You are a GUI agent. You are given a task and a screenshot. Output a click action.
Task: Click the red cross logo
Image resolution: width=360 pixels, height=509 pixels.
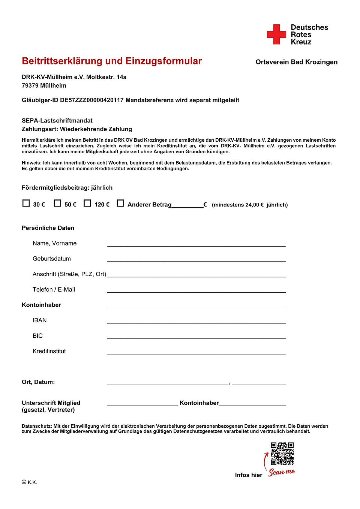[x=276, y=34]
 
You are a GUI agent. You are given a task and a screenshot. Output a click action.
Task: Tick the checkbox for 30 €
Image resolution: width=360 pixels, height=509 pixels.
[x=26, y=203]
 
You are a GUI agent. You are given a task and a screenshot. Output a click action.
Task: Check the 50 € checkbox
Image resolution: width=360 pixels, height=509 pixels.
[x=57, y=203]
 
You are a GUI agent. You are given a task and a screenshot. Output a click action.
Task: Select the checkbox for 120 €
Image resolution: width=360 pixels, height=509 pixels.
[x=87, y=203]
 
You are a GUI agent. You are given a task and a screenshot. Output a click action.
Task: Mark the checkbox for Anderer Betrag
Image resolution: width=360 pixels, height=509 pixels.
[x=120, y=203]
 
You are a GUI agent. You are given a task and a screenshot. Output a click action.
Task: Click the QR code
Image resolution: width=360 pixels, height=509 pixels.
[x=282, y=454]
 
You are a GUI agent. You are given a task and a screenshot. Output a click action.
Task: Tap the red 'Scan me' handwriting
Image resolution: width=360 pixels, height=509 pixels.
[x=282, y=472]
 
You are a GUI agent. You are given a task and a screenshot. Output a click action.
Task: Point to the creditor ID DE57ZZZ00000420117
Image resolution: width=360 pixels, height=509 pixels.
[x=91, y=100]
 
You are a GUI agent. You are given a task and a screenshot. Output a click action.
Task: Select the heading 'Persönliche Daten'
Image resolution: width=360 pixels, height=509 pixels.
[x=48, y=228]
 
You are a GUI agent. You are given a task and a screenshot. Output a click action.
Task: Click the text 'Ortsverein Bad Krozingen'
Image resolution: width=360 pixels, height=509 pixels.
[x=296, y=62]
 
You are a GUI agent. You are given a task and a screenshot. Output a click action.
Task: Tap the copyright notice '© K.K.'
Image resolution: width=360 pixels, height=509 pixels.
[x=29, y=482]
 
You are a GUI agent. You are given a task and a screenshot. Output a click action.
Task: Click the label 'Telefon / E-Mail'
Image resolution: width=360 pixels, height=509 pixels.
[x=54, y=289]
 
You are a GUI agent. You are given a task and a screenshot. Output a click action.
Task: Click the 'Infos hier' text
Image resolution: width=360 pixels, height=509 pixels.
[x=249, y=475]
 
